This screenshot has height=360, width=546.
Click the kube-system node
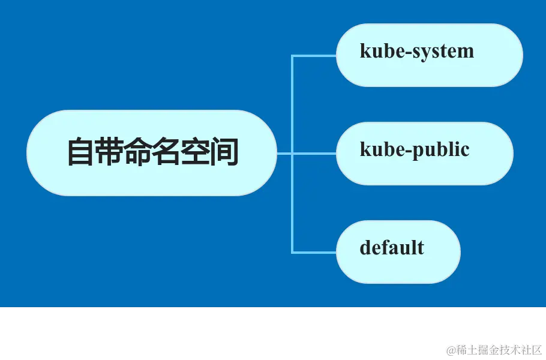(429, 55)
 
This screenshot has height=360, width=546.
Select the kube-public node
(424, 154)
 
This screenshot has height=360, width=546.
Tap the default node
(398, 252)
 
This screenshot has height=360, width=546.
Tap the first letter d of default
(365, 248)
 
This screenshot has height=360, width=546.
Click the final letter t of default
(421, 248)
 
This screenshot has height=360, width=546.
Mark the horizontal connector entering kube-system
(314, 55)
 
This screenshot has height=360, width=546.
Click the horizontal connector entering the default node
(314, 252)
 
